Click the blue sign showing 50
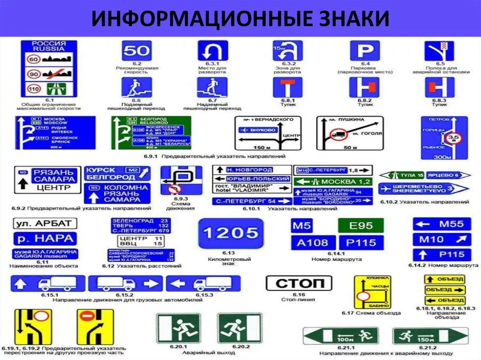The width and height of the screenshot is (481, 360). click(x=137, y=50)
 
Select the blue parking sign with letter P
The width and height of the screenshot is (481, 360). click(x=365, y=50)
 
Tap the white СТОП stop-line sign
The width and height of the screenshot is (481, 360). click(x=299, y=283)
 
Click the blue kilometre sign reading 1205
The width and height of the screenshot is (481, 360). click(x=231, y=233)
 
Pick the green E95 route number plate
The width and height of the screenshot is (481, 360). click(x=361, y=226)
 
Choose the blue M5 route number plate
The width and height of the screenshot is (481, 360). click(x=302, y=226)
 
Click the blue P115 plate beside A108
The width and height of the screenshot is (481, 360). click(x=361, y=243)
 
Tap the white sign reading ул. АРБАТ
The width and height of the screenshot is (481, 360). click(x=44, y=223)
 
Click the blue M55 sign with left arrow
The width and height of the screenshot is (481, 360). click(x=442, y=224)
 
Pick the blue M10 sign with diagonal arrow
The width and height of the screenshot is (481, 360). click(x=442, y=239)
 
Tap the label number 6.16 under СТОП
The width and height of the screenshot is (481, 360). click(x=299, y=295)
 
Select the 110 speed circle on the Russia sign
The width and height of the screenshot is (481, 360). click(x=33, y=88)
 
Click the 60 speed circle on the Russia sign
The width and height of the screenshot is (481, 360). click(x=33, y=59)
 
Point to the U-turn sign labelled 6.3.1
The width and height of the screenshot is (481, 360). click(x=212, y=50)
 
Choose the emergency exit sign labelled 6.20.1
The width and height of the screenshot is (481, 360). click(x=178, y=328)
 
